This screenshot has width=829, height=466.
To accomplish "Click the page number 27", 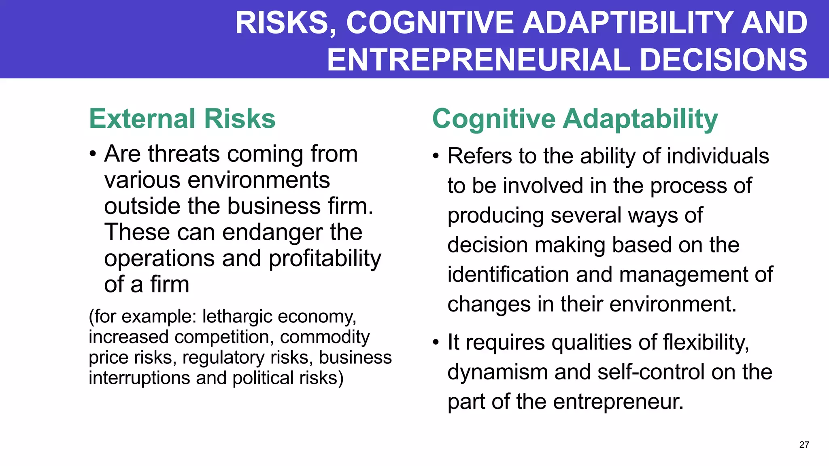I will point(804,445).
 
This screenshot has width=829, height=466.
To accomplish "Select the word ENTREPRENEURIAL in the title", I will point(478,60).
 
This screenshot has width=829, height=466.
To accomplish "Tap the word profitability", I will point(325,259).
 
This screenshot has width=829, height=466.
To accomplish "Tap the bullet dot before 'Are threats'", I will point(93,155).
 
